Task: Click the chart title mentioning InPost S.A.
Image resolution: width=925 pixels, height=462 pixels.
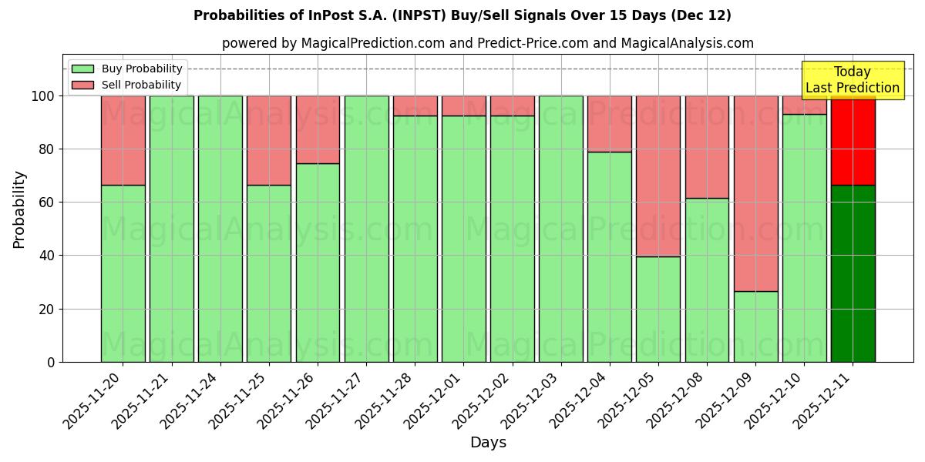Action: pos(462,15)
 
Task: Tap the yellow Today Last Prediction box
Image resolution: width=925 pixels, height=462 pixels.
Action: pos(853,80)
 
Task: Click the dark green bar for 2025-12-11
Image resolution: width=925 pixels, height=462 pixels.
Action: pos(853,273)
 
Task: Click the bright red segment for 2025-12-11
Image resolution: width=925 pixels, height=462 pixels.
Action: pos(853,140)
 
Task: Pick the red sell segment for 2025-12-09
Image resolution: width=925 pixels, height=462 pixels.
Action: pos(755,193)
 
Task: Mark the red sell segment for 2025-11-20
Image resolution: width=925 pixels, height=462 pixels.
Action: pos(123,140)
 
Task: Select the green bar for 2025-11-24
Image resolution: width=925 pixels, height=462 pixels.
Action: pos(220,229)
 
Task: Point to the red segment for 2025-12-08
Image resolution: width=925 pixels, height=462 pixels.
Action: pos(707,147)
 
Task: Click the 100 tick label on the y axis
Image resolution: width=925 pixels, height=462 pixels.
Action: pos(42,96)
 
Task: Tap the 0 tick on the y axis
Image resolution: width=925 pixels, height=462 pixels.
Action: pos(52,362)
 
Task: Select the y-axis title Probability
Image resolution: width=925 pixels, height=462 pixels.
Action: pos(19,209)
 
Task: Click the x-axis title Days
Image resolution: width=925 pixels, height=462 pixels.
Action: pos(488,443)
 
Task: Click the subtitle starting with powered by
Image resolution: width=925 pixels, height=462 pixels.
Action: pos(487,43)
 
